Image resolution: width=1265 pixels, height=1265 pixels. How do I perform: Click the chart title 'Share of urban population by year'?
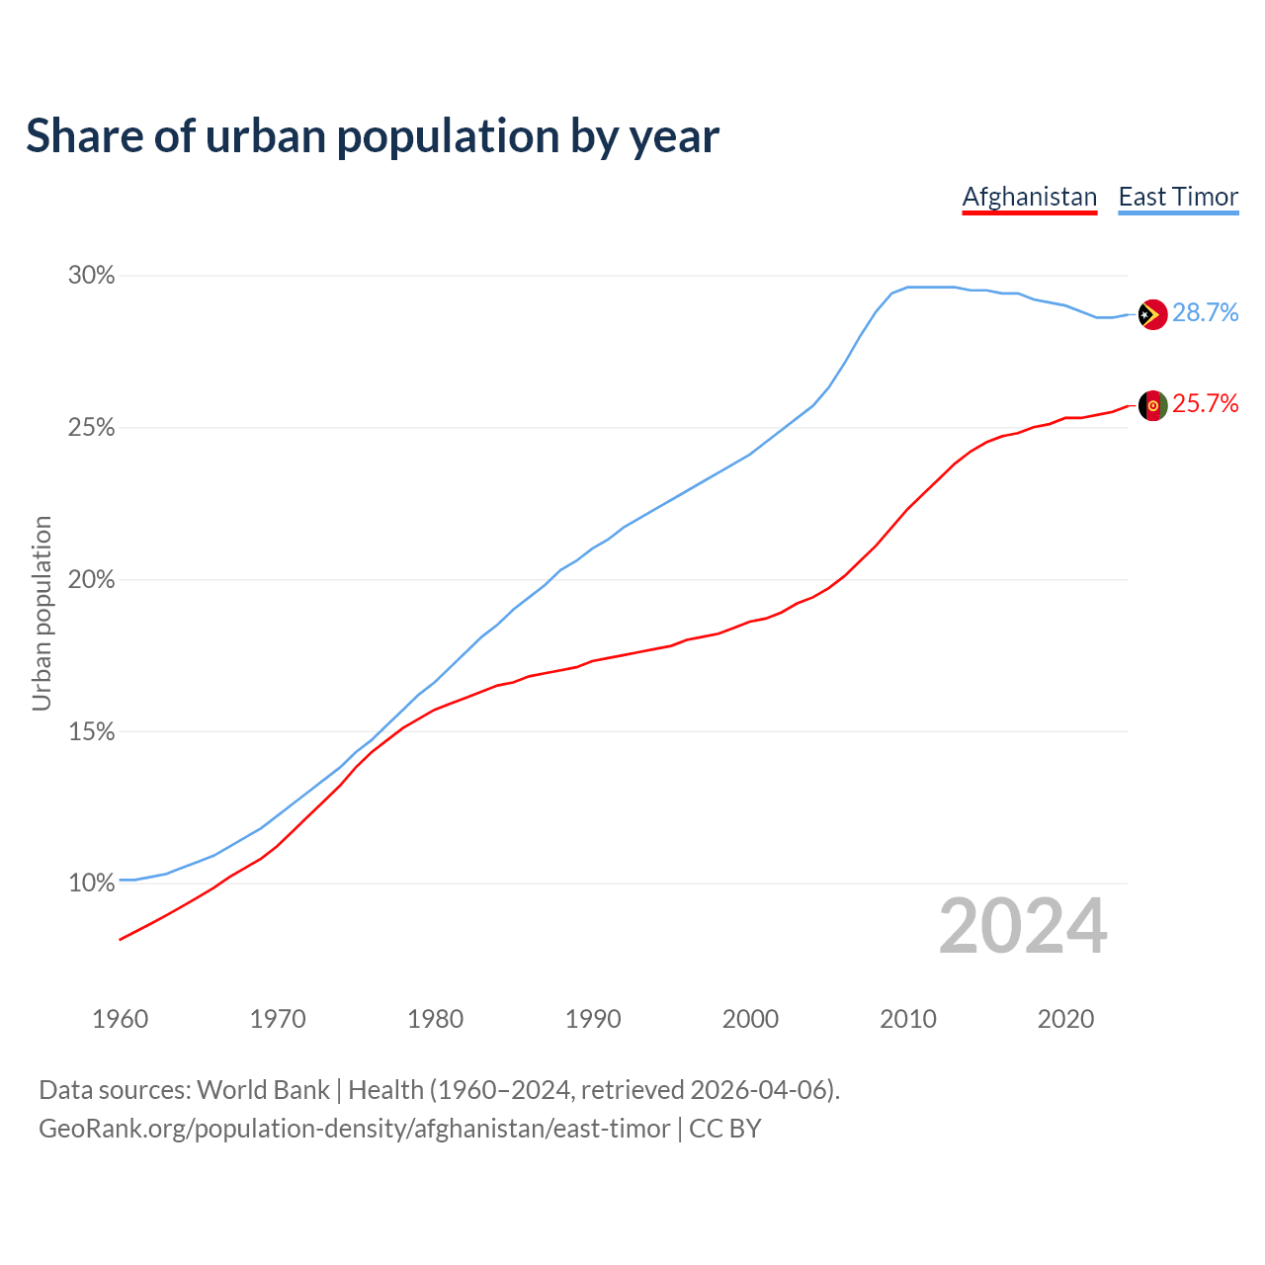tap(373, 136)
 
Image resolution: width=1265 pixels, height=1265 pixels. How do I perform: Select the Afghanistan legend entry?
tap(1030, 197)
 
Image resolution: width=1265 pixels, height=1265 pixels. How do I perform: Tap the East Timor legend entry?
tap(1178, 197)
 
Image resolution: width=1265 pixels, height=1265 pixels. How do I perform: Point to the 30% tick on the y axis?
tap(91, 276)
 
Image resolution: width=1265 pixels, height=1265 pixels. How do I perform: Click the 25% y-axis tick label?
tap(91, 428)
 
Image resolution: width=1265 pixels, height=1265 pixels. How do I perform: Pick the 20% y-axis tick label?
tap(91, 580)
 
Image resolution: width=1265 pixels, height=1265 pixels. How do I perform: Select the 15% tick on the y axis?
tap(91, 732)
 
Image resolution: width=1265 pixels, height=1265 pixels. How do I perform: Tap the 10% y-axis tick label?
tap(91, 884)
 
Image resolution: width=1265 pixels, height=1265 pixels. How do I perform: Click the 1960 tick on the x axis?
tap(120, 1019)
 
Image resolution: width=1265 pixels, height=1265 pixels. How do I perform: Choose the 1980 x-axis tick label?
tap(435, 1019)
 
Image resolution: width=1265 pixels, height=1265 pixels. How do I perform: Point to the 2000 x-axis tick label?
tap(750, 1019)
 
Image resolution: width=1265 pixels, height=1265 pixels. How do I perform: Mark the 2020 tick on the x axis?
tap(1065, 1019)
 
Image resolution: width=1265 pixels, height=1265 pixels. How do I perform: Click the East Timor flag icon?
tap(1152, 314)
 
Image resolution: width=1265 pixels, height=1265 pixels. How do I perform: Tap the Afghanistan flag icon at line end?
tap(1152, 405)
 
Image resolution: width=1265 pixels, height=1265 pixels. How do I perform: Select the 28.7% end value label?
tap(1205, 313)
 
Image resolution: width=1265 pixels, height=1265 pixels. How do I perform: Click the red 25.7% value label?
tap(1205, 404)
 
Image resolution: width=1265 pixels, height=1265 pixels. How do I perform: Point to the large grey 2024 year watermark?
tap(1023, 927)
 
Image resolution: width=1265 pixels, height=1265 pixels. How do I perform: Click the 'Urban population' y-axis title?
tap(42, 613)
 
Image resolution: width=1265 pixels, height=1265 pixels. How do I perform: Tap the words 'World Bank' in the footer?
tap(263, 1090)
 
